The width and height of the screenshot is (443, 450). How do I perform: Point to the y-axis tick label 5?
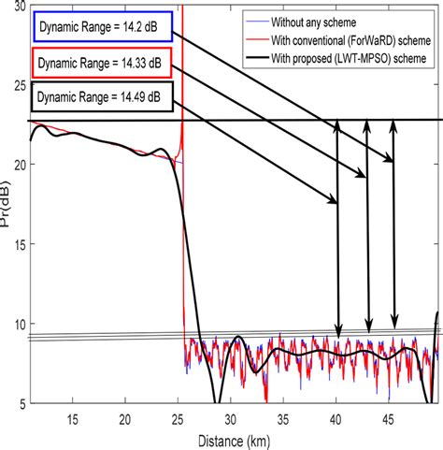coord(18,402)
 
